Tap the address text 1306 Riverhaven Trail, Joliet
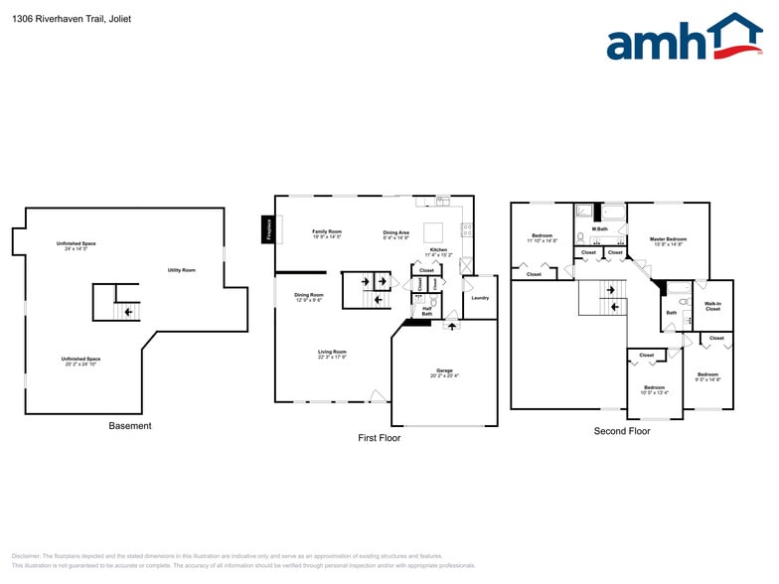coord(73,19)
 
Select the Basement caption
coord(130,426)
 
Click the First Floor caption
coord(380,437)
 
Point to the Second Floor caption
coord(622,431)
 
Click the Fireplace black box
coord(267,228)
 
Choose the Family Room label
coord(327,233)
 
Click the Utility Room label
coord(181,270)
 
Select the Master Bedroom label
coord(669,240)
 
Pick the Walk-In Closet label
coord(712,306)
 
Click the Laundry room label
coord(480,298)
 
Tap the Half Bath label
coord(426,311)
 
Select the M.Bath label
coord(600,229)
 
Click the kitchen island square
coord(434,232)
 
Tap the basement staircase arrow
coord(127,312)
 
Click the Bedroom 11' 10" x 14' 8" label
coord(542,237)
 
